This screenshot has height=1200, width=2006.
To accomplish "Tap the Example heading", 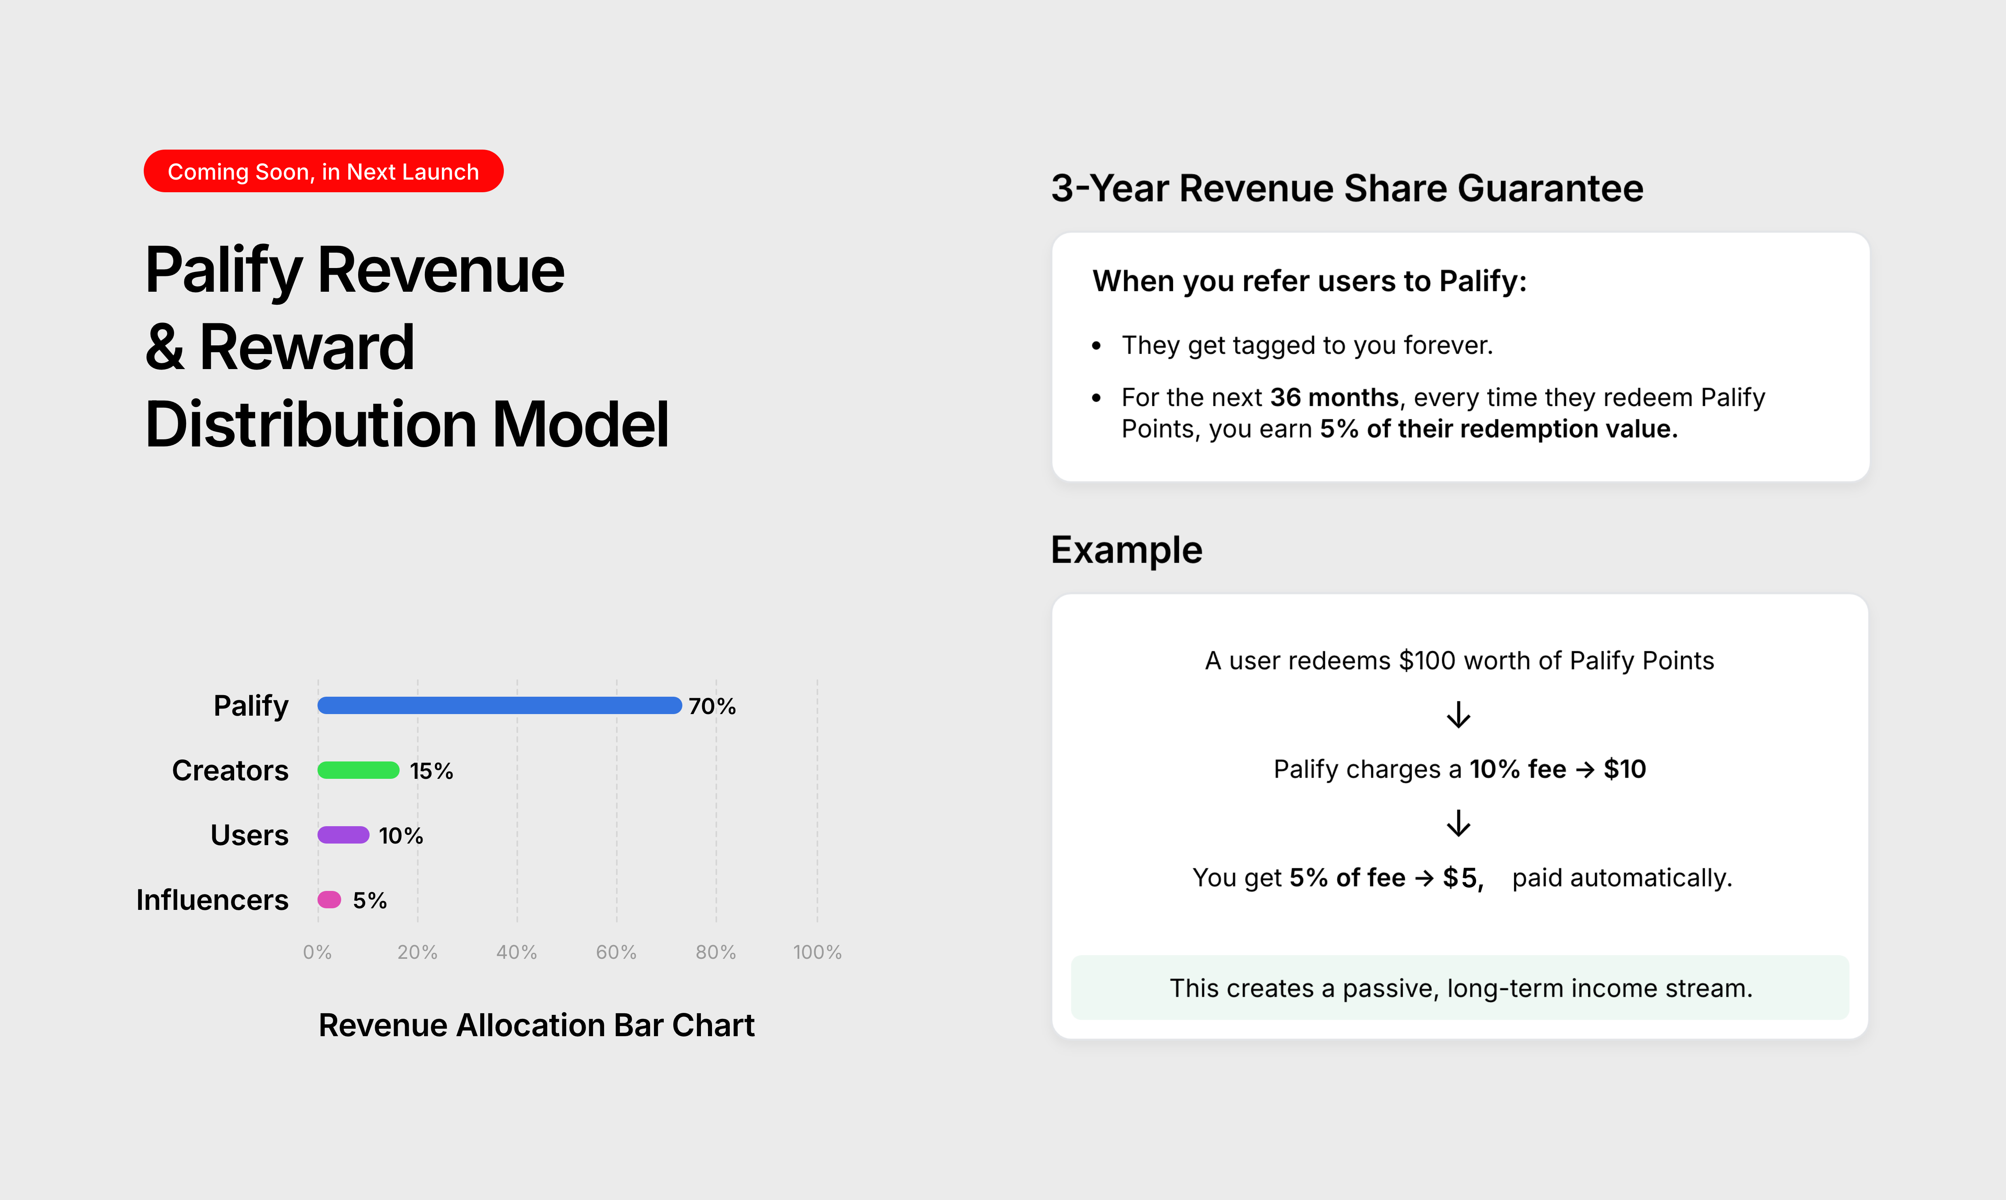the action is coord(1126,550).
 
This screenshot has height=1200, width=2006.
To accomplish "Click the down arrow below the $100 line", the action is coord(1458,715).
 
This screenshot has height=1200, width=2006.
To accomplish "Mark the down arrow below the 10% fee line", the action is coord(1458,823).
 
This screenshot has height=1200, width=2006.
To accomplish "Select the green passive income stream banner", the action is coord(1460,987).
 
